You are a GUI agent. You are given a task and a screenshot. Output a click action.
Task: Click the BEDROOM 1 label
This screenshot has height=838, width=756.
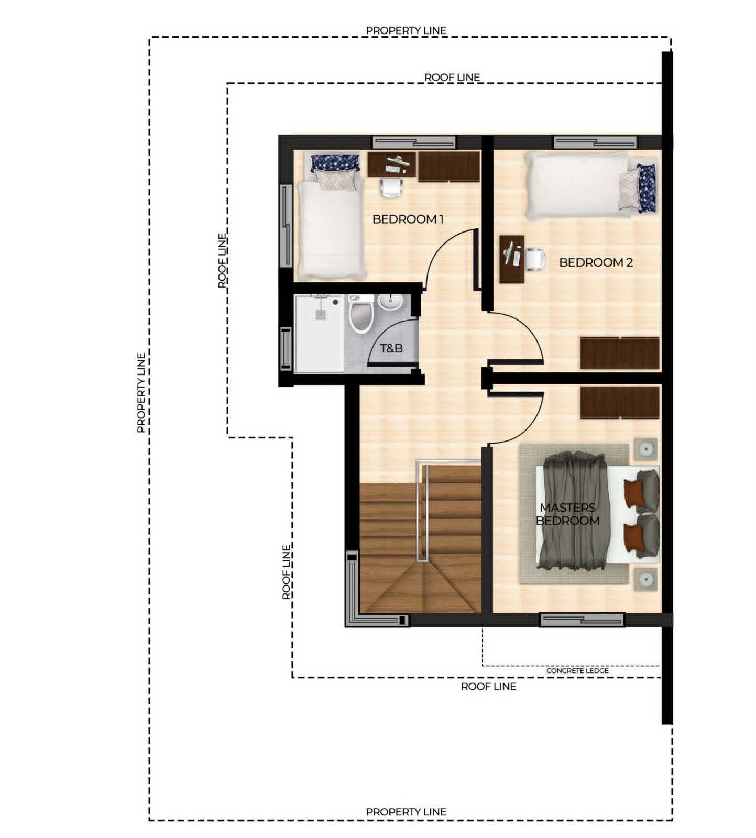pos(408,219)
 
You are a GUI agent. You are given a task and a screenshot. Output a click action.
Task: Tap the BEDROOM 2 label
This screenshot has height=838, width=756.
pos(596,262)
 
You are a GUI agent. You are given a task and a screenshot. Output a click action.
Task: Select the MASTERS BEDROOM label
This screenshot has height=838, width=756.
pos(568,514)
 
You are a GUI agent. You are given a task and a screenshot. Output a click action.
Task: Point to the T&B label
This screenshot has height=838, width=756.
pos(391,348)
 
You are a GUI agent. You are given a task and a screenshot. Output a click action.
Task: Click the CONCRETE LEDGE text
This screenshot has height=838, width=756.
pos(577,670)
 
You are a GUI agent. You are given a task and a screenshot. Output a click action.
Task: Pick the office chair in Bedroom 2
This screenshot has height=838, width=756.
pos(534,259)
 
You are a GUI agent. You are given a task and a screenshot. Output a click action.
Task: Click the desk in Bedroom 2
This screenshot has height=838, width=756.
pos(512,259)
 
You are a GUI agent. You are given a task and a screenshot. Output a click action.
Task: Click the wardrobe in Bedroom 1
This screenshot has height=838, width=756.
pos(449,167)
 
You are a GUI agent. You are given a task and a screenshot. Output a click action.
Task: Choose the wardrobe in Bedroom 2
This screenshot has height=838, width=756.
pos(620,354)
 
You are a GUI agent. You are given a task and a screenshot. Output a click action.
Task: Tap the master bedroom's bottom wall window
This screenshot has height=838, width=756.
pos(582,620)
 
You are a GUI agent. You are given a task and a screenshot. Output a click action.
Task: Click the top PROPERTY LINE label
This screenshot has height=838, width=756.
pos(406,30)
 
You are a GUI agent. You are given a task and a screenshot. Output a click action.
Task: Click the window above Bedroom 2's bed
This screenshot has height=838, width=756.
pos(596,142)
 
